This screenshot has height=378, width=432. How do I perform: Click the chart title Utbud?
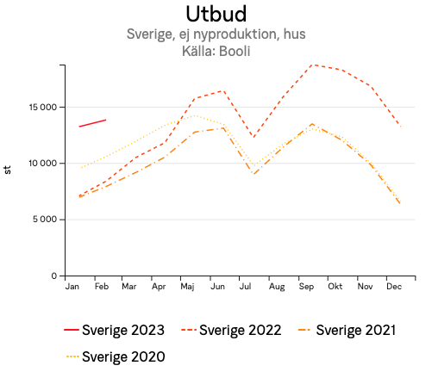pyautogui.click(x=216, y=15)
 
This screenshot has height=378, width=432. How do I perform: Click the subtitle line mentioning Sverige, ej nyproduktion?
pyautogui.click(x=216, y=35)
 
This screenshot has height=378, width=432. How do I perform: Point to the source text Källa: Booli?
pyautogui.click(x=216, y=52)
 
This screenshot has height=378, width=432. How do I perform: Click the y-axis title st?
pyautogui.click(x=9, y=170)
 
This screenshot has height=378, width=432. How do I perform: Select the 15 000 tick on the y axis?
pyautogui.click(x=39, y=108)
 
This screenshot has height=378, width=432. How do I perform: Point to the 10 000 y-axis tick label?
pyautogui.click(x=39, y=164)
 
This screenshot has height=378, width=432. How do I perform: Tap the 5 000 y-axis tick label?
pyautogui.click(x=41, y=220)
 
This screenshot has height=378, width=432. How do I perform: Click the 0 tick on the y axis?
pyautogui.click(x=53, y=276)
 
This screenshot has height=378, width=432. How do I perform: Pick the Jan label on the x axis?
pyautogui.click(x=72, y=286)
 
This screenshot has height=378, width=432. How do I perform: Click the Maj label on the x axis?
pyautogui.click(x=186, y=286)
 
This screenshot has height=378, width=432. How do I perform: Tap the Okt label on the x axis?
pyautogui.click(x=335, y=286)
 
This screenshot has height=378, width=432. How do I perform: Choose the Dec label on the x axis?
pyautogui.click(x=394, y=286)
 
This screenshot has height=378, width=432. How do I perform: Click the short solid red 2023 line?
pyautogui.click(x=92, y=123)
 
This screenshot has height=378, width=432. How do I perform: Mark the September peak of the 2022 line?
pyautogui.click(x=312, y=65)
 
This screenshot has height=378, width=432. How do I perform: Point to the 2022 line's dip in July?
pyautogui.click(x=253, y=137)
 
